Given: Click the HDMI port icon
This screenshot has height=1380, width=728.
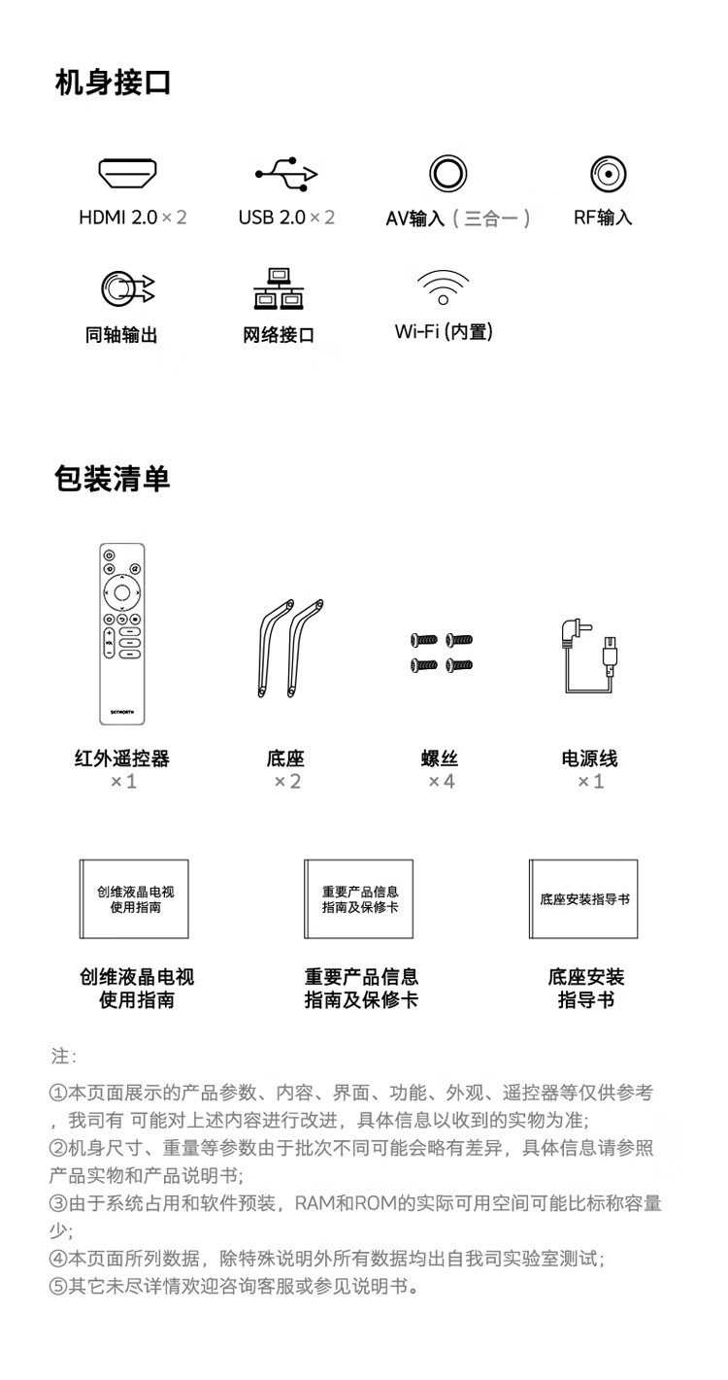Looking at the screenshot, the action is (x=127, y=174).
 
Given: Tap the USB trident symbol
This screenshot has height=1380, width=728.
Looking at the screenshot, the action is (x=286, y=174).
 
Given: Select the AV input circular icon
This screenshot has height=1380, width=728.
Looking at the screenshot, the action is (x=447, y=174).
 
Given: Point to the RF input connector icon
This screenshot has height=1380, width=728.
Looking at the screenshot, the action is (x=608, y=174).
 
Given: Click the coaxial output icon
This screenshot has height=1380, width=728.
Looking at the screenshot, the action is (x=127, y=288).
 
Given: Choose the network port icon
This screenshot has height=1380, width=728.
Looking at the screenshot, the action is (x=279, y=288).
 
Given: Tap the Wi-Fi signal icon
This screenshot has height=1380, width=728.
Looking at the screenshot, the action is (x=443, y=287).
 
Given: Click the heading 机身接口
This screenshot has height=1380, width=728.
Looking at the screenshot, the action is (x=113, y=83).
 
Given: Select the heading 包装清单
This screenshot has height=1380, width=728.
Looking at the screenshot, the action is (x=112, y=479).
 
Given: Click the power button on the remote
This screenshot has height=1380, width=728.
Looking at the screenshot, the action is (x=108, y=555).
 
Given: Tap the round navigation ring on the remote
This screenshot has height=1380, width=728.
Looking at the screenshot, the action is (x=122, y=592).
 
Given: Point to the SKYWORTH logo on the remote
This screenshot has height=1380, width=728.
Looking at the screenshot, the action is (x=122, y=712).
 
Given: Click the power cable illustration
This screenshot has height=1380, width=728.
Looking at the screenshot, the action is (x=590, y=656).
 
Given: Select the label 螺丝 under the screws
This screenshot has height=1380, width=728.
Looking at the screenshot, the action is (x=440, y=758).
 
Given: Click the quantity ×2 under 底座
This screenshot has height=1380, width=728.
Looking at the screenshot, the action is (x=287, y=782).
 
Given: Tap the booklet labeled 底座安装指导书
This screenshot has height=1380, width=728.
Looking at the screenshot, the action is (x=583, y=899).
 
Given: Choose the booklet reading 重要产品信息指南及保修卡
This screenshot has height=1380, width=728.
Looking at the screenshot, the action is (x=358, y=899).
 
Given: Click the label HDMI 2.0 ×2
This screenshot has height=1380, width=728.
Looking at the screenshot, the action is (x=132, y=218).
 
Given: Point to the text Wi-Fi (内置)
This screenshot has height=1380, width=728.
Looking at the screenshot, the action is (x=444, y=332).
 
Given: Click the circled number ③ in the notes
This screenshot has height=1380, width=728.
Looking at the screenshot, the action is (x=58, y=1203).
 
